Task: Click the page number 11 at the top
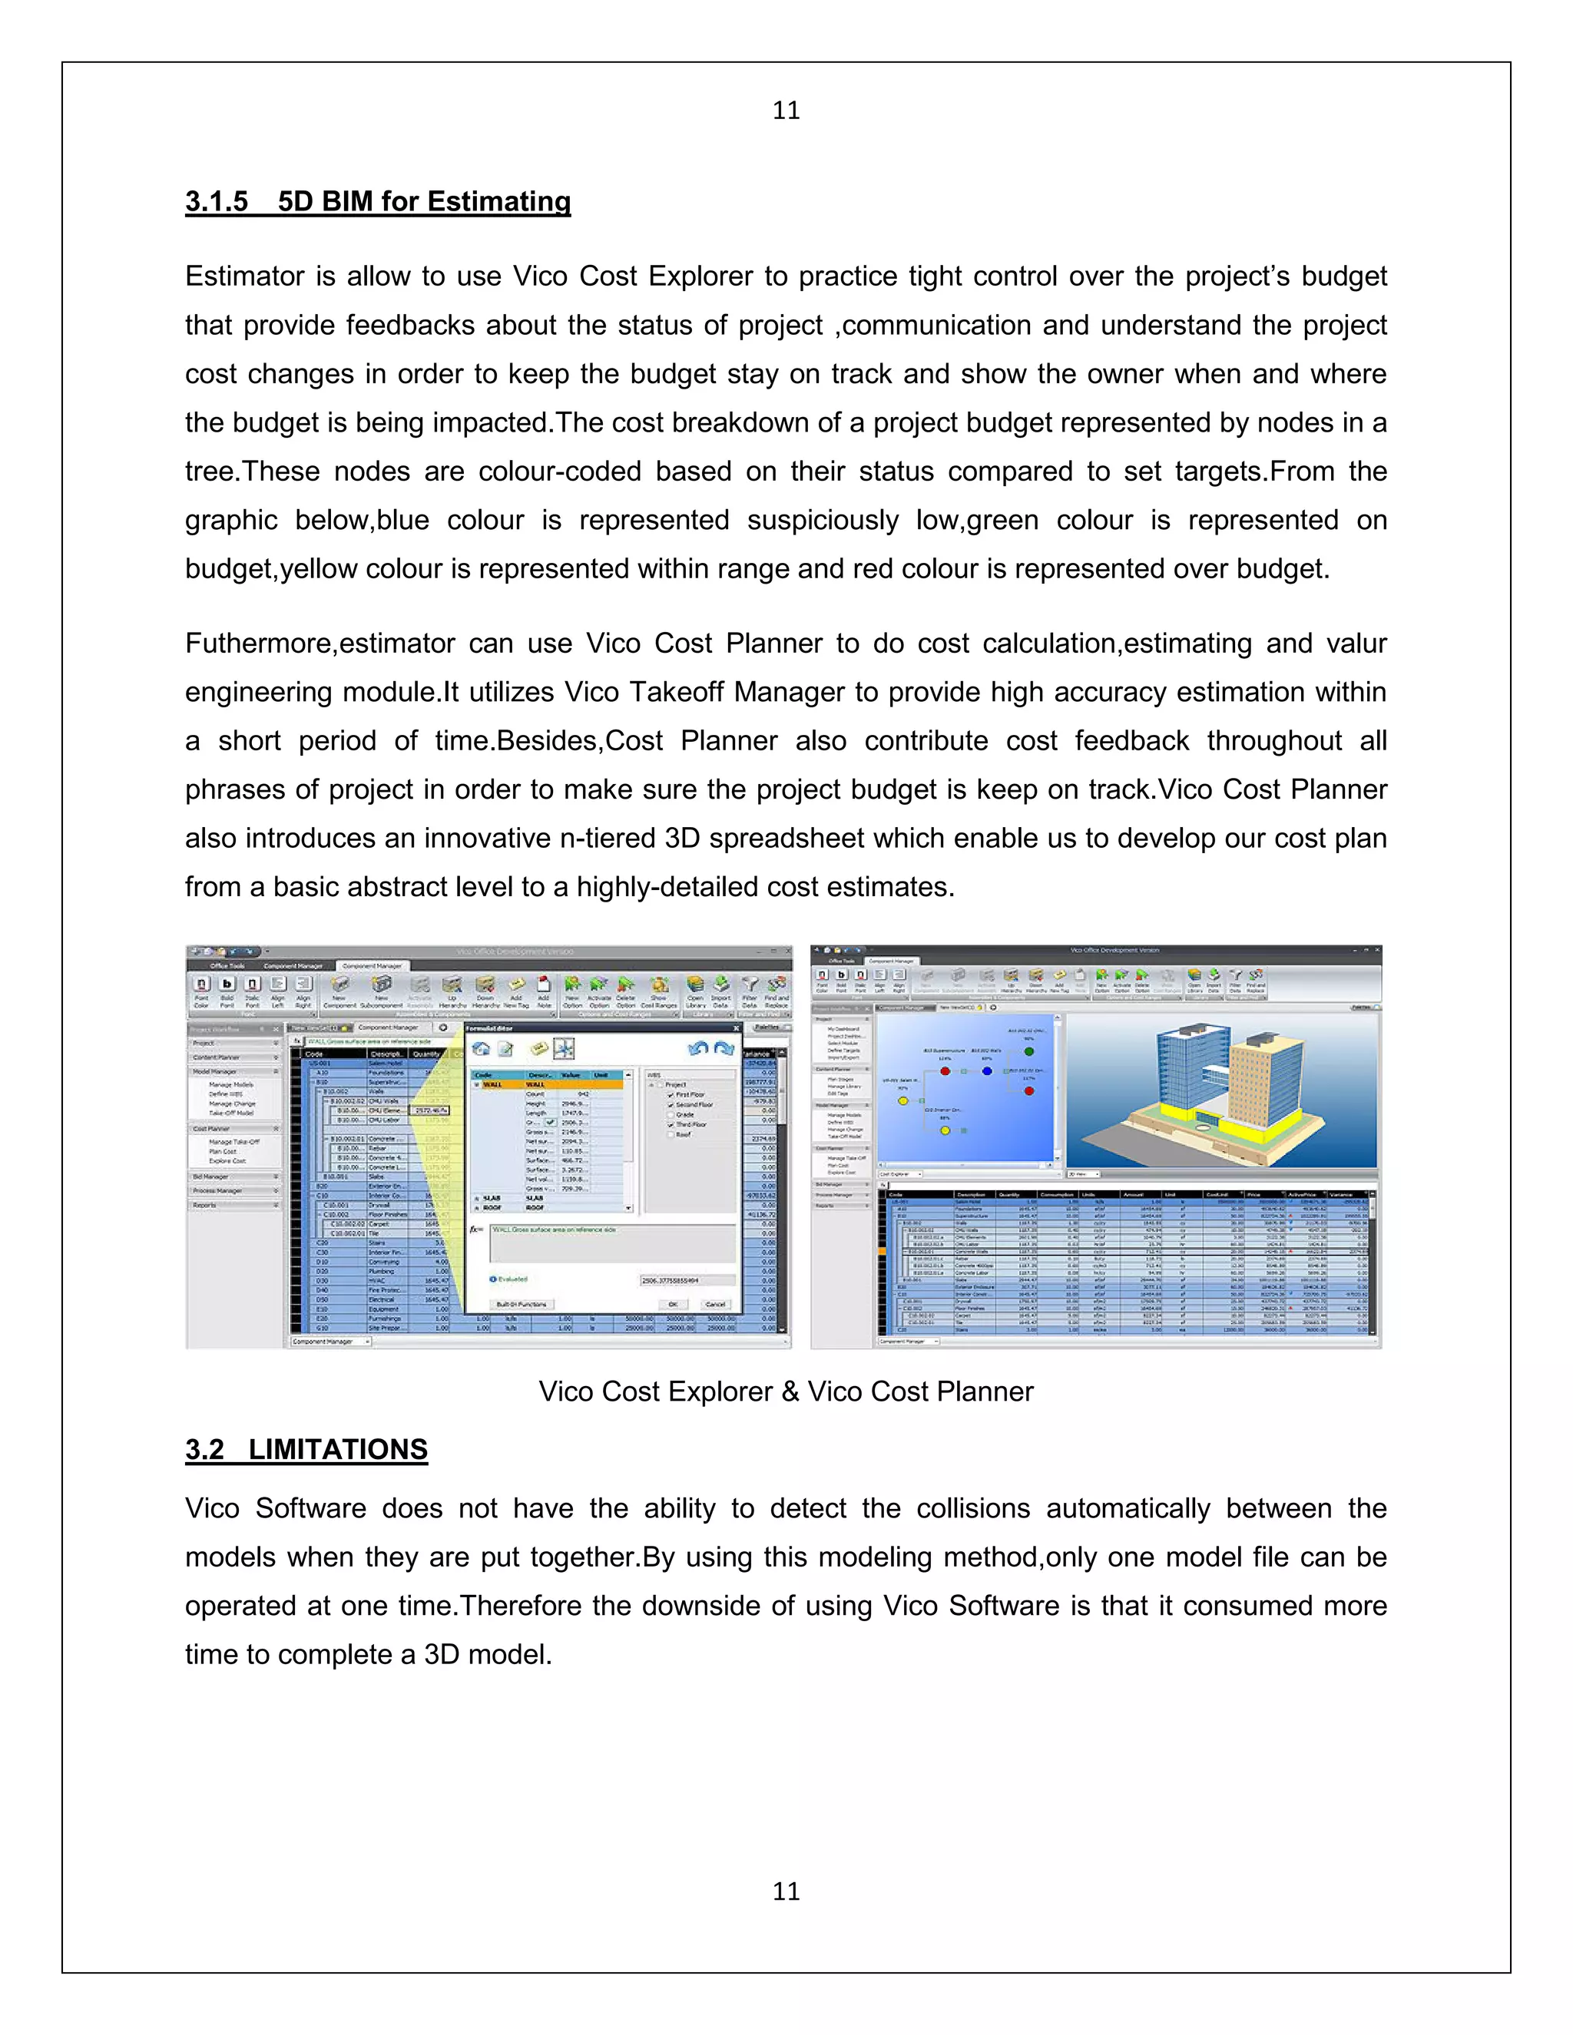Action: click(x=786, y=111)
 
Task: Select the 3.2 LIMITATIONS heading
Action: click(x=306, y=1449)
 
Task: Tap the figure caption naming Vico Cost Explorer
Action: click(x=786, y=1391)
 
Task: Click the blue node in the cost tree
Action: click(x=987, y=1071)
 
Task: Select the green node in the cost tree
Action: click(x=1028, y=1051)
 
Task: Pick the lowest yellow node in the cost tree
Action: click(x=945, y=1130)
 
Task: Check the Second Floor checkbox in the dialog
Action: click(x=670, y=1104)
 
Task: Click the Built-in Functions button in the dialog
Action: click(x=522, y=1304)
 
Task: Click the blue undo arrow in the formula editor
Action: click(x=697, y=1049)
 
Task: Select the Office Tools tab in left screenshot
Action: click(x=227, y=965)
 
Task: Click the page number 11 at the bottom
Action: click(x=786, y=1891)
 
